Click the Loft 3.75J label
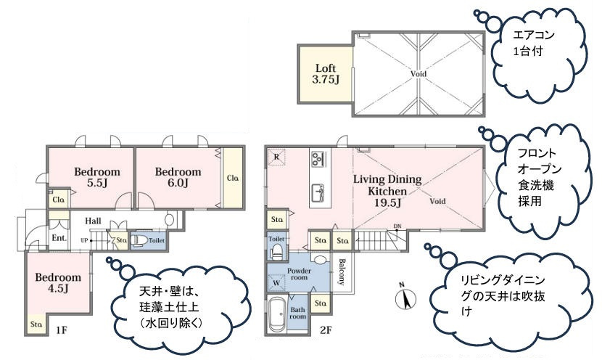(x=326, y=74)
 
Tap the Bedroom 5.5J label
(x=96, y=177)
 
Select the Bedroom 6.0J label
(x=178, y=177)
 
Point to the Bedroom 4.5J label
(x=58, y=282)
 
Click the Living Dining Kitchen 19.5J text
(x=387, y=191)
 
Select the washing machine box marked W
(x=276, y=283)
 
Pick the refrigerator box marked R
(x=276, y=157)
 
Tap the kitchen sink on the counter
(x=318, y=192)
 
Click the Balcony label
(x=342, y=272)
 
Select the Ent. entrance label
(x=59, y=238)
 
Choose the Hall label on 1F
(x=93, y=221)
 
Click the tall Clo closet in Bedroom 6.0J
(x=233, y=178)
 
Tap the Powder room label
(x=299, y=274)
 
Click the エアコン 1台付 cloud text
(x=534, y=43)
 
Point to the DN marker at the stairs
(x=397, y=226)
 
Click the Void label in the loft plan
(x=418, y=74)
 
